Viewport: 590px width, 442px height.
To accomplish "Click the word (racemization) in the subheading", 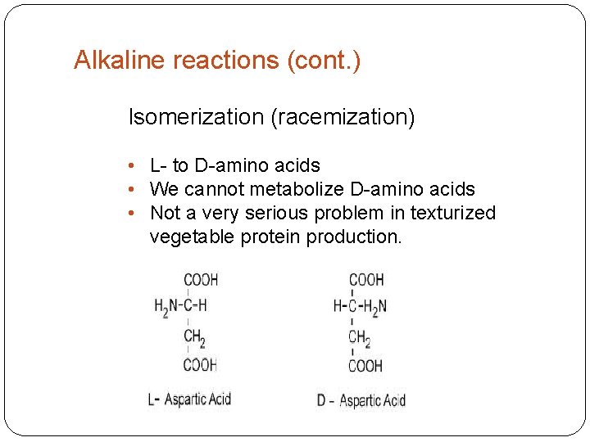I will point(343,118).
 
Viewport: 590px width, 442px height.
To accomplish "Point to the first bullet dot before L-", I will point(132,166).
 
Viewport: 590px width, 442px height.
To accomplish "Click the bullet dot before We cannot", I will point(132,190).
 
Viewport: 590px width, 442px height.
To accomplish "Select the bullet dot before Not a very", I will point(132,214).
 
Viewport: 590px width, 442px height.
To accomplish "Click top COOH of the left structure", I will point(200,279).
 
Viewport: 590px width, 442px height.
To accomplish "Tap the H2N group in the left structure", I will point(167,307).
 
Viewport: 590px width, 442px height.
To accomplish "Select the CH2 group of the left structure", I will point(195,336).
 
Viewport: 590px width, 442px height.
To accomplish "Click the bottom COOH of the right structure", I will point(365,366).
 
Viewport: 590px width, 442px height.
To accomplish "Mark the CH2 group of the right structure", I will point(359,337).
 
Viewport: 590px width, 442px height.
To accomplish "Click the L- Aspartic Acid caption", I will point(189,399).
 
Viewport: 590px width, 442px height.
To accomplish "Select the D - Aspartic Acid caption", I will point(361,400).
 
